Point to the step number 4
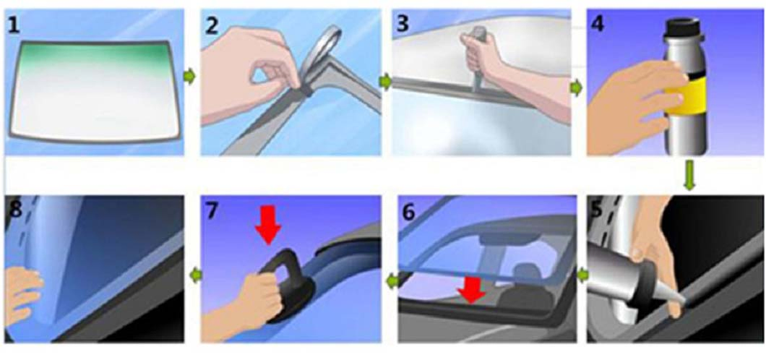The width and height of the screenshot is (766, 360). click(597, 24)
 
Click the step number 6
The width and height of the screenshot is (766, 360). click(409, 213)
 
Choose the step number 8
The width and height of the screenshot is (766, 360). click(15, 210)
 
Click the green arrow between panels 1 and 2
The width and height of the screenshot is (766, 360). click(191, 77)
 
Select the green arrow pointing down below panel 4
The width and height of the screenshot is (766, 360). click(689, 176)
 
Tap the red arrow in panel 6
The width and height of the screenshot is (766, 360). click(472, 289)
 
